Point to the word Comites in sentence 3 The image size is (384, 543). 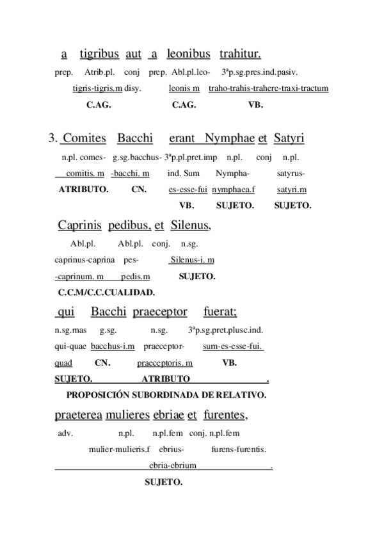pos(85,138)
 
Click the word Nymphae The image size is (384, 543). pos(229,138)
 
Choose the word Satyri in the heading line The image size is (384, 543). pos(289,138)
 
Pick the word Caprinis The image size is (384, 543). pos(80,225)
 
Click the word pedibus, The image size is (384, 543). pos(130,225)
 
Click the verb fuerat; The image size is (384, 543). pos(220,312)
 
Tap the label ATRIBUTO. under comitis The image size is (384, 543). pos(83,189)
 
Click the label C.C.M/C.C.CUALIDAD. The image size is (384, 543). pos(106,293)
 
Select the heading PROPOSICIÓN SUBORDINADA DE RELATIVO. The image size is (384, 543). pos(166,394)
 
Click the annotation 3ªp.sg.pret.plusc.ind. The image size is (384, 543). pos(226,330)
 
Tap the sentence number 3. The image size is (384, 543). pos(52,138)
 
